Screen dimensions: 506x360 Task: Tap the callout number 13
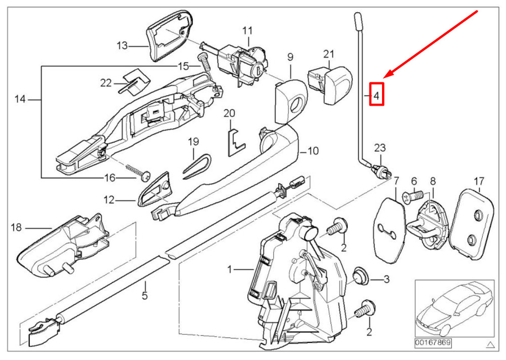click(122, 46)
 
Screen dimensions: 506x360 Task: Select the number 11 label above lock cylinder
click(247, 31)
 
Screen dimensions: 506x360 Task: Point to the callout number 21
click(328, 54)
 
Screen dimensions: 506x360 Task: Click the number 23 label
click(380, 148)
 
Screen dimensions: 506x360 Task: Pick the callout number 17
click(479, 181)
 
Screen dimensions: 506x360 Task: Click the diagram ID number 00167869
click(433, 342)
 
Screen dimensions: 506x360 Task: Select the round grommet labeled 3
click(361, 277)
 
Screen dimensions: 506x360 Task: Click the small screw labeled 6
click(412, 197)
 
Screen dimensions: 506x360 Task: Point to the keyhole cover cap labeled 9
click(291, 101)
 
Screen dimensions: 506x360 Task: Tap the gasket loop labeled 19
click(197, 167)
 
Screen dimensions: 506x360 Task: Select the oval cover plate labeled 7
click(389, 230)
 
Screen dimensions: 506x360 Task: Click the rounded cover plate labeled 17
click(472, 224)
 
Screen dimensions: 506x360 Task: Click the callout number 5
click(145, 295)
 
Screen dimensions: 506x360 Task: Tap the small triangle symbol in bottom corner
click(490, 344)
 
